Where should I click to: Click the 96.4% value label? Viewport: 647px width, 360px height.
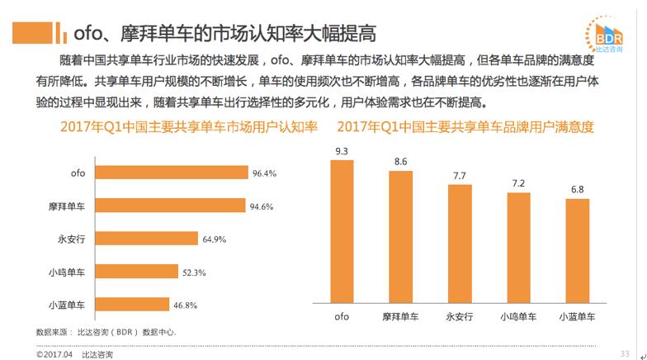coord(264,173)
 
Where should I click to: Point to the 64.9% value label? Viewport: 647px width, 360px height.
coord(214,239)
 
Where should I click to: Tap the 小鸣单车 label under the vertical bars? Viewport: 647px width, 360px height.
coord(518,316)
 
